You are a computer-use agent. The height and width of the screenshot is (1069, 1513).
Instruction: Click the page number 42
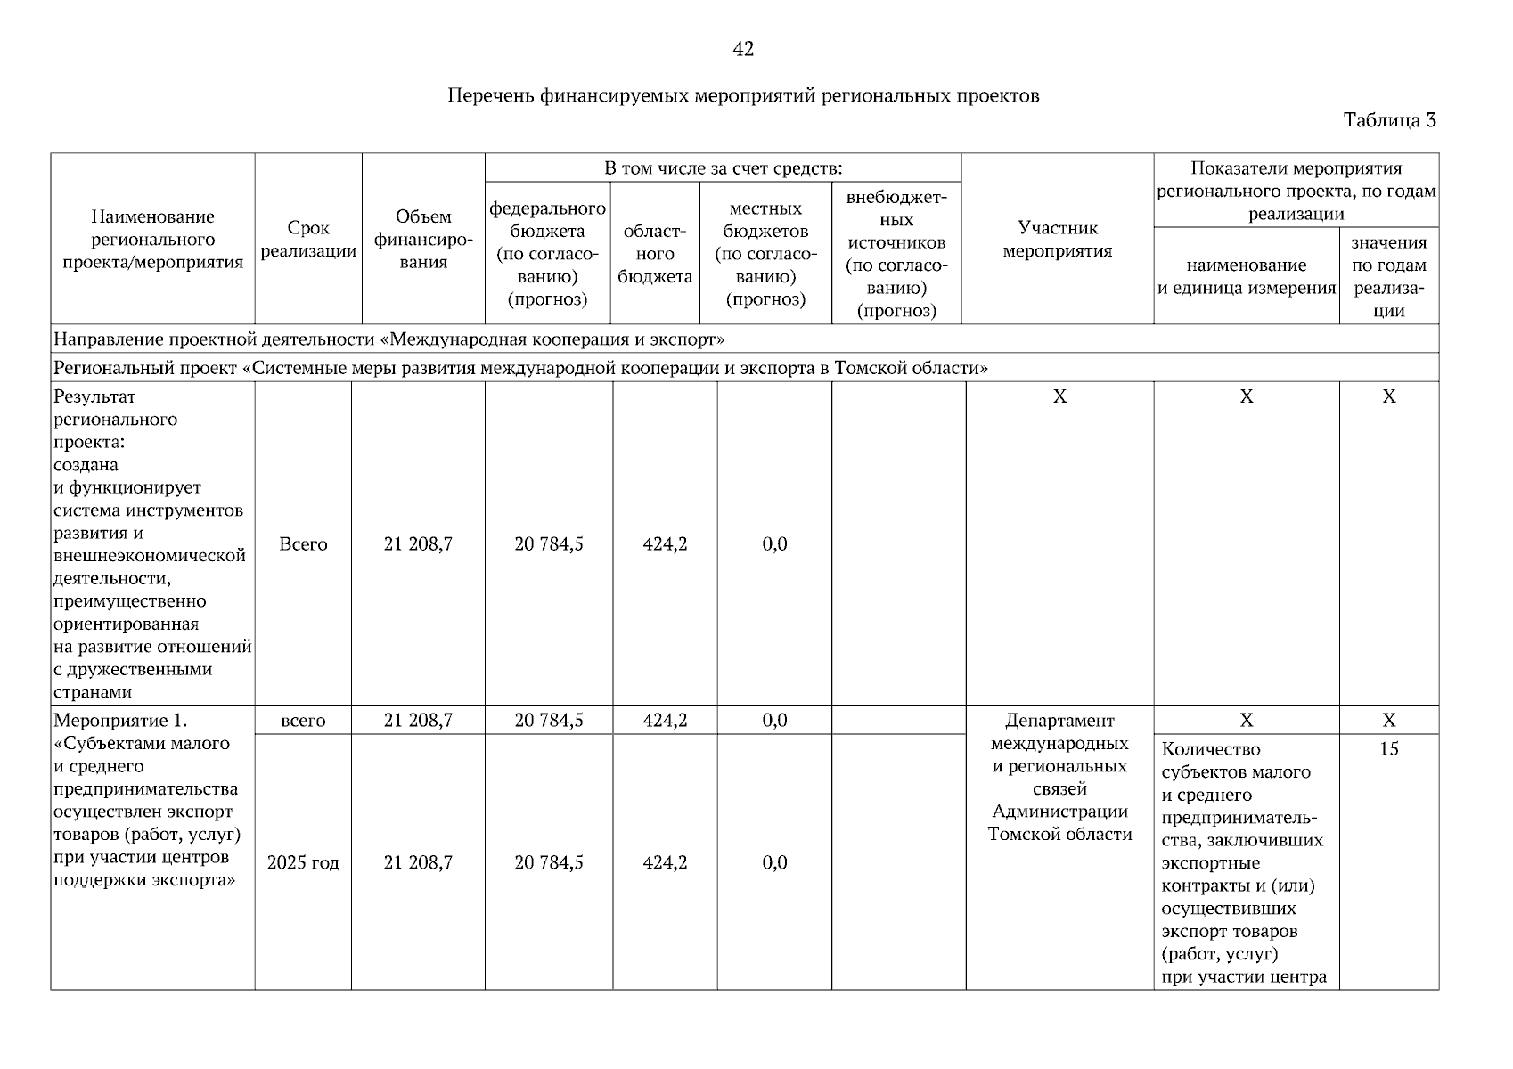pyautogui.click(x=743, y=50)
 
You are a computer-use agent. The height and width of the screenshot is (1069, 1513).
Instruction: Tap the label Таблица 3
pyautogui.click(x=1389, y=120)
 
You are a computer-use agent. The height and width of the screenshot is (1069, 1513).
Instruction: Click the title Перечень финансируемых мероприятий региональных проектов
pyautogui.click(x=743, y=95)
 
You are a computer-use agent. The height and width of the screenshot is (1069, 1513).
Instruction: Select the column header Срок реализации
pyautogui.click(x=308, y=240)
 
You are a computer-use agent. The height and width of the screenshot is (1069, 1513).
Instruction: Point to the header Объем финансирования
pyautogui.click(x=423, y=240)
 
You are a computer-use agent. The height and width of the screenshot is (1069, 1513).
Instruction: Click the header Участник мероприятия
pyautogui.click(x=1058, y=240)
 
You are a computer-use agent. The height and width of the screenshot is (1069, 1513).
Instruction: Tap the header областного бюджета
pyautogui.click(x=655, y=254)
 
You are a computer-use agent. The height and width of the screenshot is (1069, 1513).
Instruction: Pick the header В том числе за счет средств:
pyautogui.click(x=723, y=168)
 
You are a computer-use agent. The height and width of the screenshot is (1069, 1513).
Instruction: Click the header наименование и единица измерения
pyautogui.click(x=1247, y=276)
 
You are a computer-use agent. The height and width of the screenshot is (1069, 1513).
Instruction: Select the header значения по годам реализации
pyautogui.click(x=1388, y=276)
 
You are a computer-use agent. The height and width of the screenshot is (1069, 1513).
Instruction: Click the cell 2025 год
pyautogui.click(x=303, y=862)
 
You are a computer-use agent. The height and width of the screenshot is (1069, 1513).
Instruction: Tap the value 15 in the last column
pyautogui.click(x=1388, y=749)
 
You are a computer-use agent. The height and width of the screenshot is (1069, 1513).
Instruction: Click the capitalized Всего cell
pyautogui.click(x=303, y=544)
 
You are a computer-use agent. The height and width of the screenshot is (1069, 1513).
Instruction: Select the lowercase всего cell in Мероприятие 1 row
pyautogui.click(x=303, y=721)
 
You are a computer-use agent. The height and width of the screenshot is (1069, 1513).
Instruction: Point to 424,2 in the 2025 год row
pyautogui.click(x=665, y=862)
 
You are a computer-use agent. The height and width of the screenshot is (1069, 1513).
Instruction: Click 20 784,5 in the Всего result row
pyautogui.click(x=548, y=544)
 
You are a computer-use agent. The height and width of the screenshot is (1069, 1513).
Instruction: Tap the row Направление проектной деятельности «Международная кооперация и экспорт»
pyautogui.click(x=389, y=339)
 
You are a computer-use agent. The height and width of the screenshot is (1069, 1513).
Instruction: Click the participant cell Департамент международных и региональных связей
pyautogui.click(x=1059, y=777)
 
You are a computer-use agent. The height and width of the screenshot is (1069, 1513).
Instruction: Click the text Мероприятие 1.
pyautogui.click(x=120, y=721)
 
